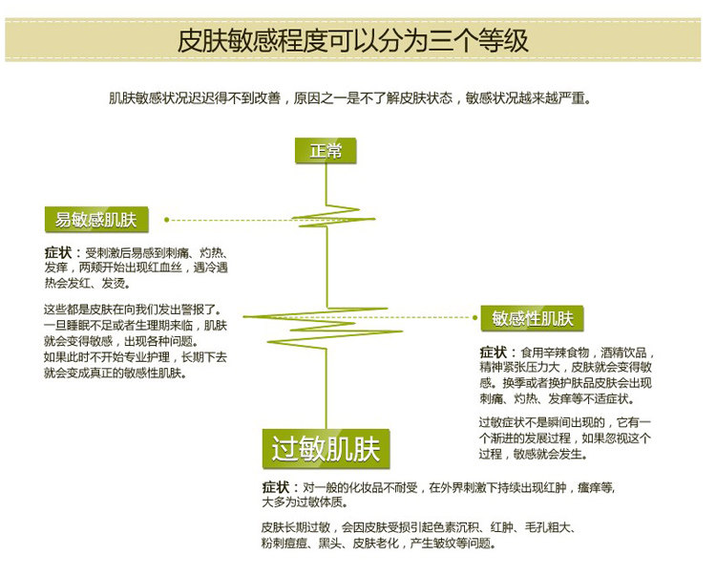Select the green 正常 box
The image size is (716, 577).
pyautogui.click(x=325, y=150)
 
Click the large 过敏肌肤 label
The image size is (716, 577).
pyautogui.click(x=326, y=448)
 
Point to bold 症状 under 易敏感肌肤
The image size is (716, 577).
pyautogui.click(x=59, y=253)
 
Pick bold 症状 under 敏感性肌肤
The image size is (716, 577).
pyautogui.click(x=495, y=352)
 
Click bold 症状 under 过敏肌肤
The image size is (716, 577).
pyautogui.click(x=277, y=486)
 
